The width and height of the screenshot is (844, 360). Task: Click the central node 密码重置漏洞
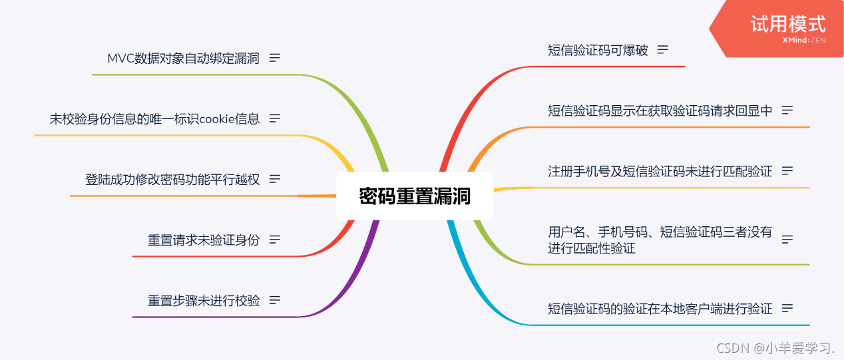[x=415, y=196]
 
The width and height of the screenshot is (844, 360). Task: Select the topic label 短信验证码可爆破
[x=597, y=50]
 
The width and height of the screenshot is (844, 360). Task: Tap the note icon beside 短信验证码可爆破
[x=662, y=50]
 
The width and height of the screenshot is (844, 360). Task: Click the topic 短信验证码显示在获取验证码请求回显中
[x=660, y=110]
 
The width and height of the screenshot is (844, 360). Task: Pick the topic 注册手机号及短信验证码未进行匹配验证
[x=660, y=171]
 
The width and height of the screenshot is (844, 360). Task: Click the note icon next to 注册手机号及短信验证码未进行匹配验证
[x=787, y=171]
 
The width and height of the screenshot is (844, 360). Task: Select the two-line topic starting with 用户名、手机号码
[x=660, y=240]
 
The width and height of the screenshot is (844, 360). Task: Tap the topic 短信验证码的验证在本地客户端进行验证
[x=660, y=308]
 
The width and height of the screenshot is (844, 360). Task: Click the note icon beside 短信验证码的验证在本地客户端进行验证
[x=787, y=308]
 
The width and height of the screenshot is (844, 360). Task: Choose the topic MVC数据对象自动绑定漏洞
[x=183, y=58]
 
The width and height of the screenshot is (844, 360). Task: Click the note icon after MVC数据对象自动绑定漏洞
[x=275, y=58]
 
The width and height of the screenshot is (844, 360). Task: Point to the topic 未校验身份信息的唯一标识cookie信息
[x=154, y=118]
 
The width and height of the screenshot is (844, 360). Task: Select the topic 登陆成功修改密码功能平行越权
[x=172, y=179]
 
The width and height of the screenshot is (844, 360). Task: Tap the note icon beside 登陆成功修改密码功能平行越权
[x=275, y=179]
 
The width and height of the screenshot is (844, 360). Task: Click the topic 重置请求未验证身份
[x=204, y=240]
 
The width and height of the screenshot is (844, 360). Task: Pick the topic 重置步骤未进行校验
[x=204, y=300]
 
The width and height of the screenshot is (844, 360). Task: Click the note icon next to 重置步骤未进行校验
[x=275, y=300]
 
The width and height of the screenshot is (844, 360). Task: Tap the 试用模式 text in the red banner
[x=788, y=24]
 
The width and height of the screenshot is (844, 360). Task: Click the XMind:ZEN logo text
[x=804, y=41]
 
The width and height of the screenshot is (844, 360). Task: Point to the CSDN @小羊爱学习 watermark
[x=775, y=347]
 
